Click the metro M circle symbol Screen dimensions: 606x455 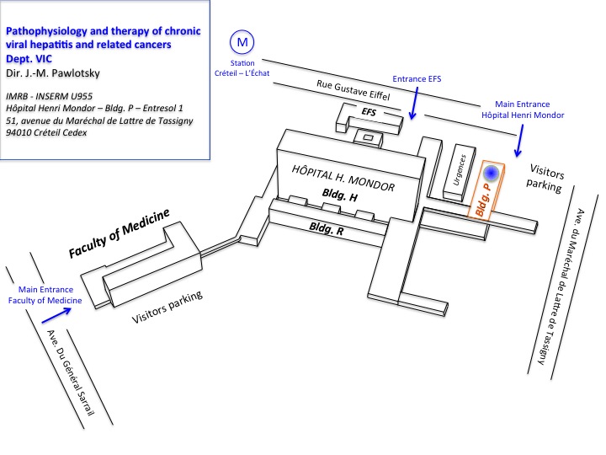242,42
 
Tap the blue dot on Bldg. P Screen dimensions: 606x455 492,174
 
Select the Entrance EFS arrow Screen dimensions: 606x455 415,103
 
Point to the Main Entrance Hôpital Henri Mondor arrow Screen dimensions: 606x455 520,141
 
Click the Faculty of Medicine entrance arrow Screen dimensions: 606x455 56,315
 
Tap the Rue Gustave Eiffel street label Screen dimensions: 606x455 353,90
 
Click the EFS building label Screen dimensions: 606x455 369,112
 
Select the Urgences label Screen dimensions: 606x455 460,170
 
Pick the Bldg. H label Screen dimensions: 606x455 340,195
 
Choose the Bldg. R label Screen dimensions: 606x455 327,228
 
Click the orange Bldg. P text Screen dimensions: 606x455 483,200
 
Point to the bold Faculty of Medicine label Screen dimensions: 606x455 119,233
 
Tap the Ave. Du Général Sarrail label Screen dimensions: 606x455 71,372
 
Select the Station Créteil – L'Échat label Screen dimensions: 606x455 242,68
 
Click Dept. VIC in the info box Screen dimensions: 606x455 29,59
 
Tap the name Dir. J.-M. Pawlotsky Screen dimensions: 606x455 52,73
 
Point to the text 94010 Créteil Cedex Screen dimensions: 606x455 46,132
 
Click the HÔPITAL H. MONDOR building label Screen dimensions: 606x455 343,179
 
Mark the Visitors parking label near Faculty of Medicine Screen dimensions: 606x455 167,308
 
